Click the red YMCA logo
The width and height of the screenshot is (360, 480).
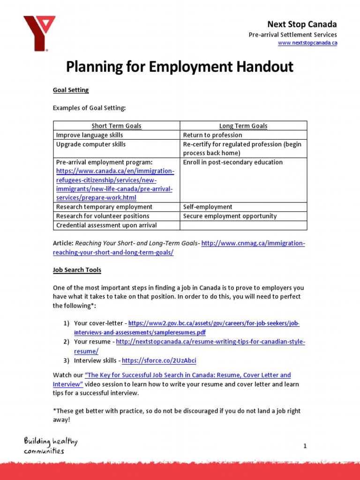39,33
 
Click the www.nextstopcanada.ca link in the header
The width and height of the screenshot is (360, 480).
307,43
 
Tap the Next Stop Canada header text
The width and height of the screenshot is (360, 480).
302,24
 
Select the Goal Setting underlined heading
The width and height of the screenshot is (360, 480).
71,90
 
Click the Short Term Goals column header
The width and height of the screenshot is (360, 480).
116,126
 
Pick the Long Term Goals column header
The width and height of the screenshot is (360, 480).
243,126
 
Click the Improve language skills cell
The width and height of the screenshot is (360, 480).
90,135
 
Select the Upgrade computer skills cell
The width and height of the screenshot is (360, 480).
91,144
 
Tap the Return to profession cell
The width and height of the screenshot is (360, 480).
212,135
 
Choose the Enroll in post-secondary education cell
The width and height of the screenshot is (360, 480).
232,162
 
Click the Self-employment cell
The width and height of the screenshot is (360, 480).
208,207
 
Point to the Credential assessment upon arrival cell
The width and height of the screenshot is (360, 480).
106,225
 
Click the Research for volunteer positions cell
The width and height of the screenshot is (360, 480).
103,216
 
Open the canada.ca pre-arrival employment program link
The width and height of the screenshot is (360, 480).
115,185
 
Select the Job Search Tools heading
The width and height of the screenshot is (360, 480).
77,270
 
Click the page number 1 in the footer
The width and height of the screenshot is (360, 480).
305,446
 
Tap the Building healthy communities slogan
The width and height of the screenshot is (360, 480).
51,446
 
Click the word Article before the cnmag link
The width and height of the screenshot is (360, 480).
63,244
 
